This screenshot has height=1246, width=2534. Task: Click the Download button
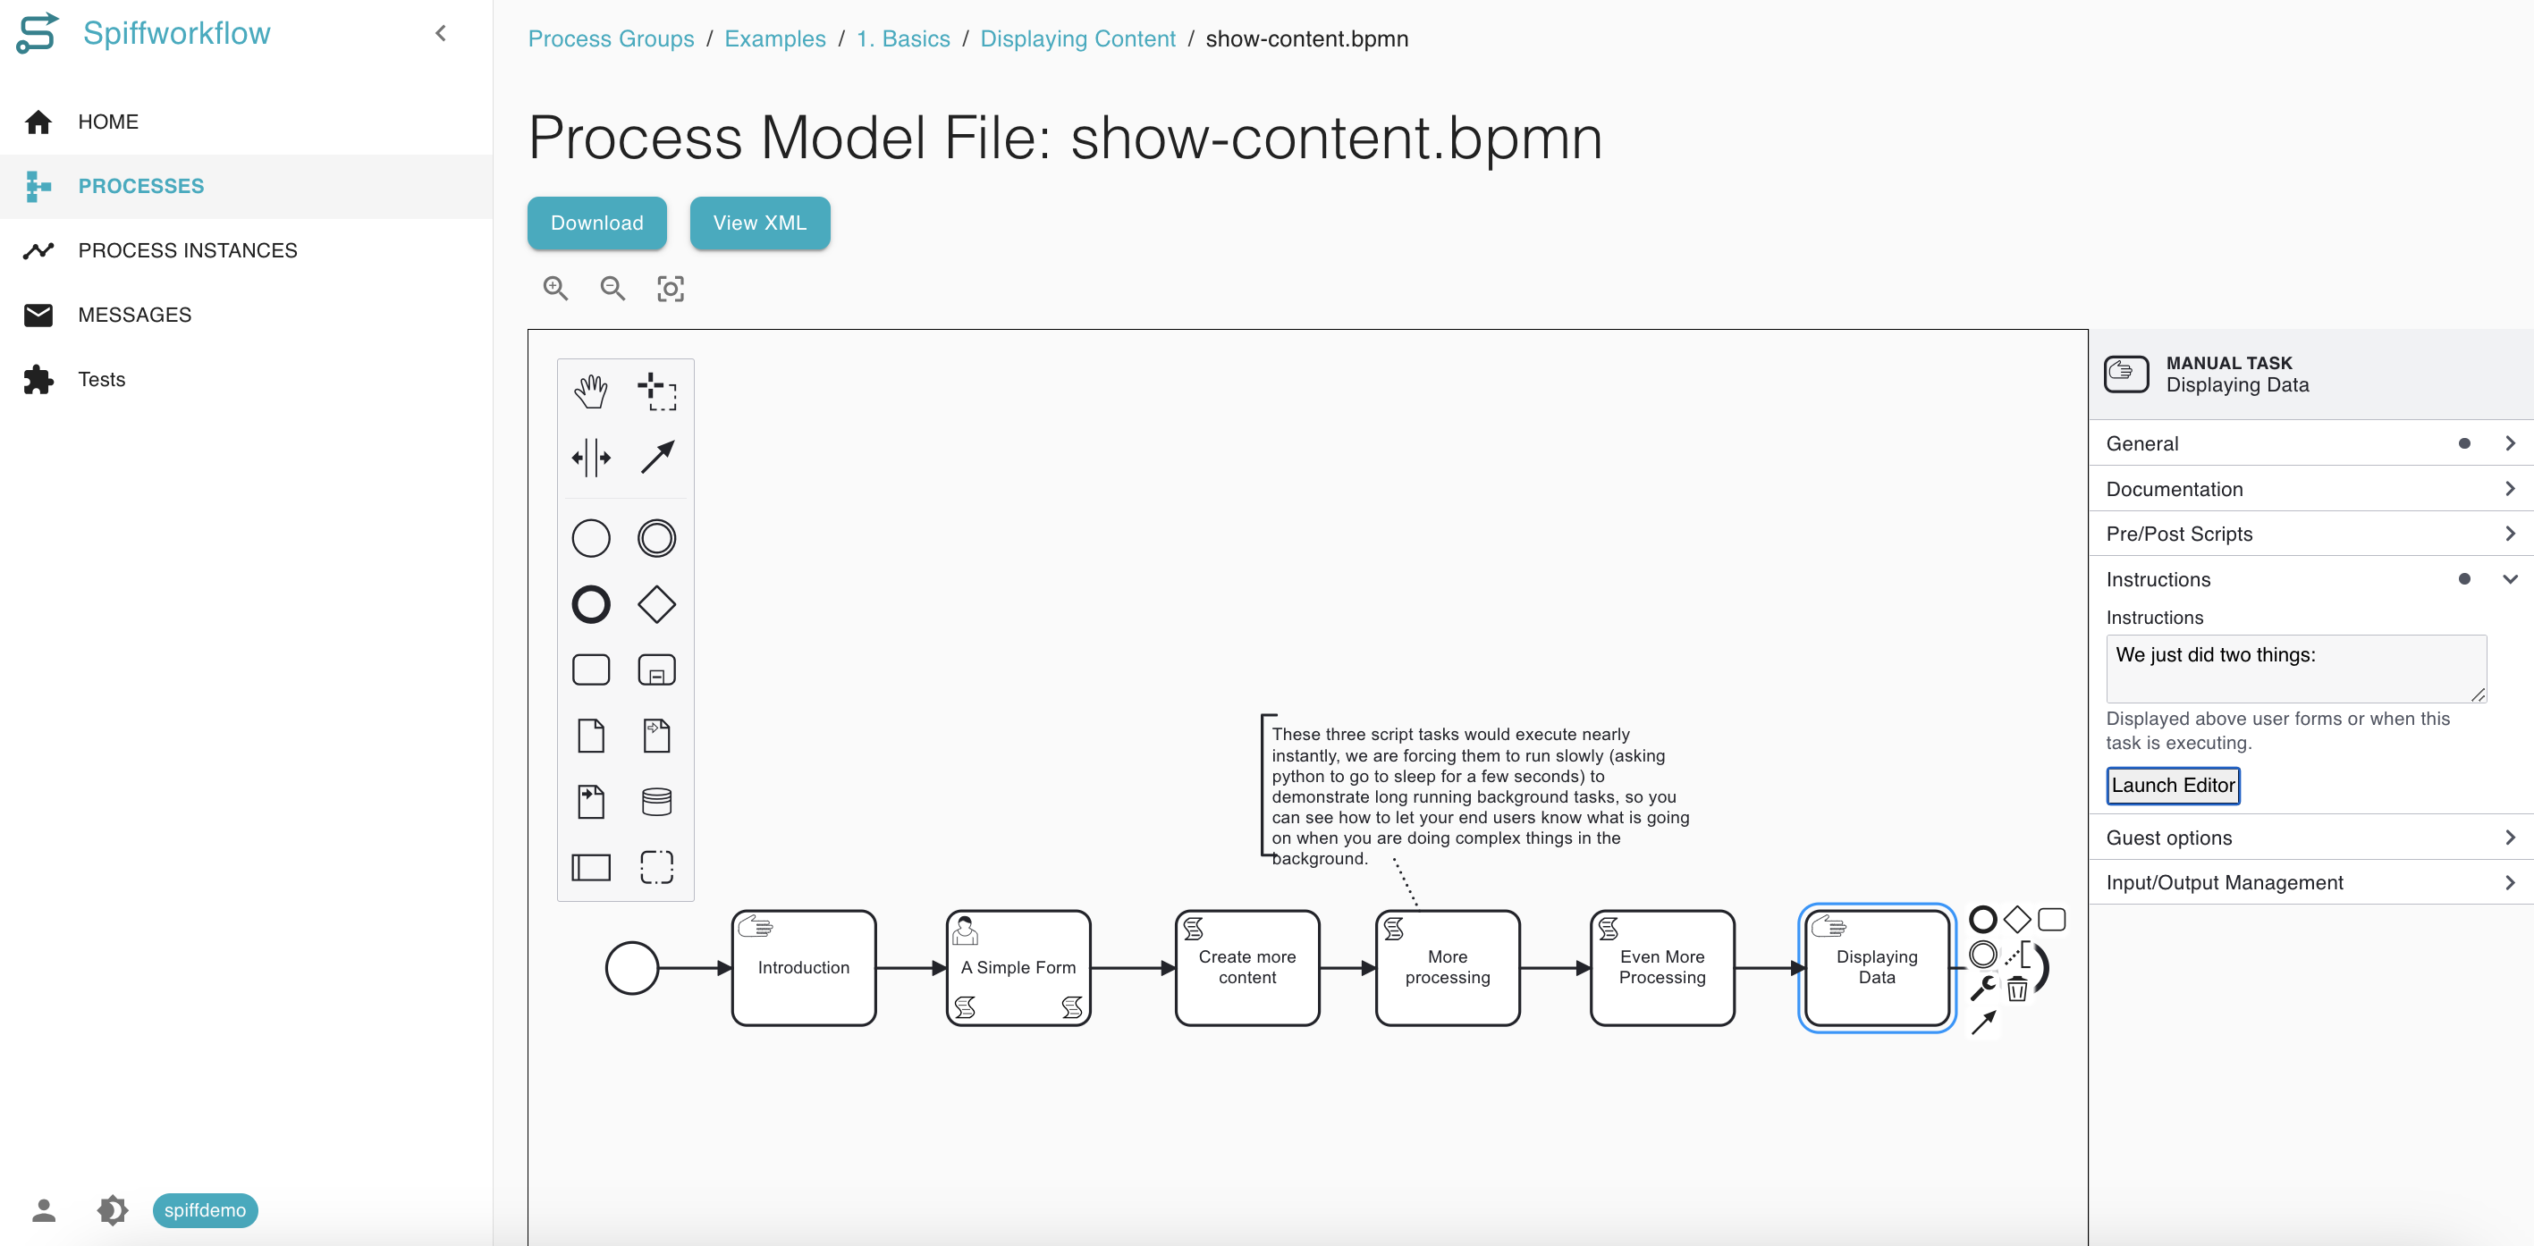tap(596, 223)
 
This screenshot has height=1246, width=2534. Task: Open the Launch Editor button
tap(2172, 786)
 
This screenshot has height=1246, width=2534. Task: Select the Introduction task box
tap(804, 968)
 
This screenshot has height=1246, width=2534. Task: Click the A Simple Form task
tap(1018, 968)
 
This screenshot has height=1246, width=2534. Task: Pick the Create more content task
tap(1247, 968)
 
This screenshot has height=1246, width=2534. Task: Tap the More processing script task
tap(1447, 968)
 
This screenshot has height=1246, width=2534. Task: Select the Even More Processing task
tap(1661, 968)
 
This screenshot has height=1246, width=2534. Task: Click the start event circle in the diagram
tap(631, 968)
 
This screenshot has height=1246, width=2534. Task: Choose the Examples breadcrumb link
tap(774, 38)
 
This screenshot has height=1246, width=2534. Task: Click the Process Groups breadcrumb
tap(611, 38)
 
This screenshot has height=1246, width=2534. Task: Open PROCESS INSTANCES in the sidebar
tap(187, 251)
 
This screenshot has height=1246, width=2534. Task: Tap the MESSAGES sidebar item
tap(135, 315)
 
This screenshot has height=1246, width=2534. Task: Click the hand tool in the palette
tap(590, 391)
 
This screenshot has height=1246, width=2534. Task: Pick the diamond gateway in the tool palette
tap(656, 604)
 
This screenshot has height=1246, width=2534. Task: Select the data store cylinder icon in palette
tap(656, 802)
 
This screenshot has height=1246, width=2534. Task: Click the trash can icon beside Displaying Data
tap(2016, 989)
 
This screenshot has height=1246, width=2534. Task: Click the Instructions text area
tap(2295, 669)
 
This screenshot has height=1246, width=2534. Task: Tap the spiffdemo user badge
tap(205, 1209)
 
